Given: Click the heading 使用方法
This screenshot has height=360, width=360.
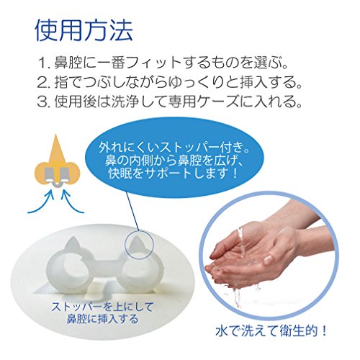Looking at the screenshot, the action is pyautogui.click(x=84, y=30).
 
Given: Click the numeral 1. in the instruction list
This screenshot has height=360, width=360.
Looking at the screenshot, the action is pyautogui.click(x=44, y=63).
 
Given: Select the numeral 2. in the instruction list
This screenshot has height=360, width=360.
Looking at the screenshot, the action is pyautogui.click(x=43, y=82).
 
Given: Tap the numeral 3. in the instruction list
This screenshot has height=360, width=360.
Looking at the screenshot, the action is pyautogui.click(x=43, y=102).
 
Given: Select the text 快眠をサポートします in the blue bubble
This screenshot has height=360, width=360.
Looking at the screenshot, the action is pyautogui.click(x=168, y=173).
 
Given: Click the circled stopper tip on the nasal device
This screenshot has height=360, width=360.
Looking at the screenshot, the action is pyautogui.click(x=138, y=244).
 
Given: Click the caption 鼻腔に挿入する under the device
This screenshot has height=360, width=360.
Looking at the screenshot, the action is pyautogui.click(x=103, y=319).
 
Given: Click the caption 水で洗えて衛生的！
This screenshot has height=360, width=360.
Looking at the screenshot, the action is pyautogui.click(x=271, y=331).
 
